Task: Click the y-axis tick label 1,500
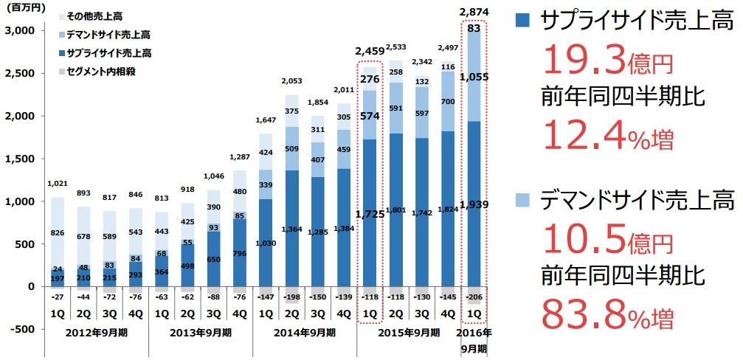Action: [19, 159]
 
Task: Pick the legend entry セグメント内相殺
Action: [100, 72]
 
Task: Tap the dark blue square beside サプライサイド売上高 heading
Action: [522, 20]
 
